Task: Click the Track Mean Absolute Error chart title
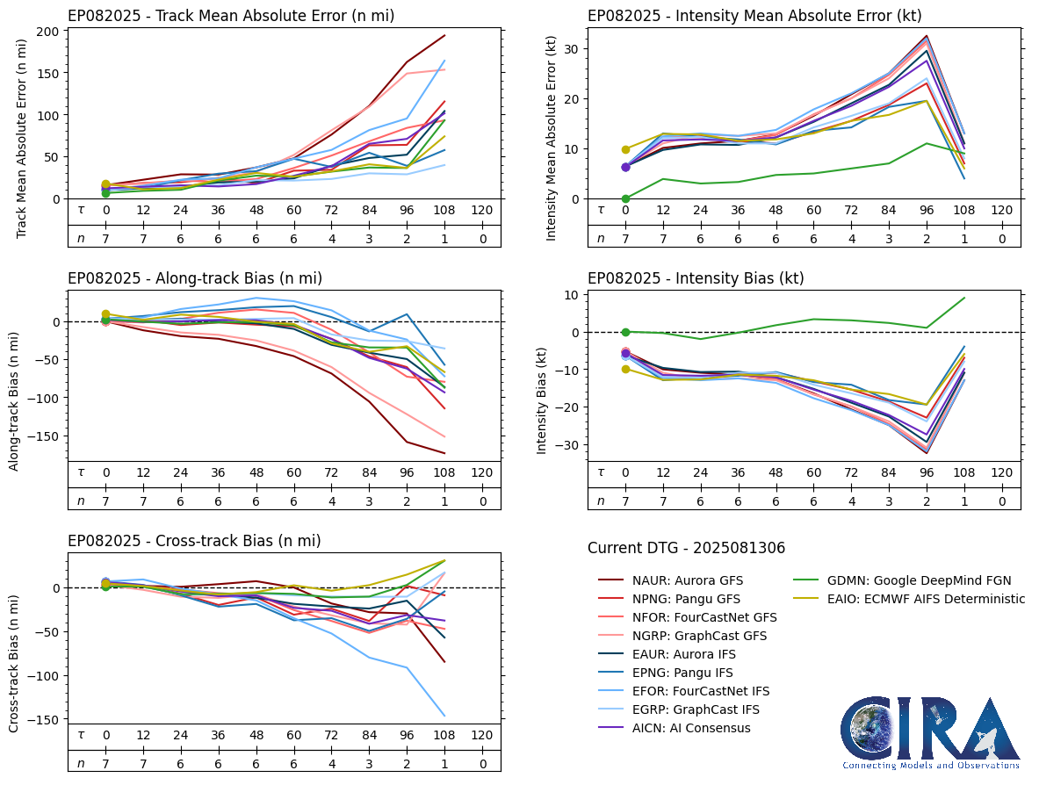[231, 16]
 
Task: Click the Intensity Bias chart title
[696, 278]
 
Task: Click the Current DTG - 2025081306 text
[686, 548]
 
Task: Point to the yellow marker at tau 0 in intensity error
[625, 149]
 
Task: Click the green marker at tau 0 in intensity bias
[625, 332]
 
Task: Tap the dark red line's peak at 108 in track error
[445, 36]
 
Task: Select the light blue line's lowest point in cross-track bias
[445, 716]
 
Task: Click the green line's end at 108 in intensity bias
[964, 298]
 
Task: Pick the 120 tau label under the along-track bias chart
[482, 472]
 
